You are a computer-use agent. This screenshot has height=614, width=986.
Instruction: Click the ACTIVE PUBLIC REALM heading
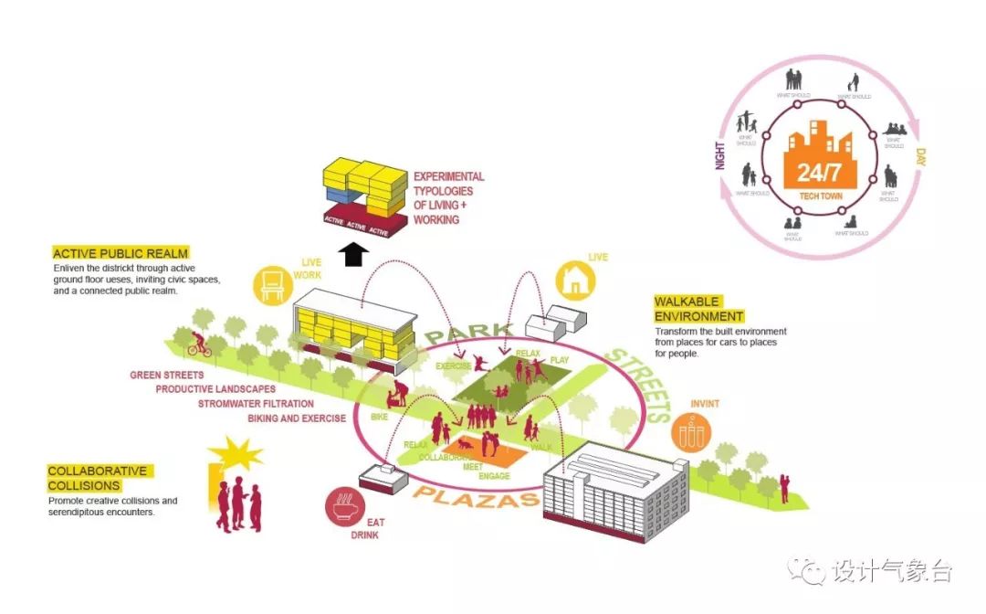(x=121, y=253)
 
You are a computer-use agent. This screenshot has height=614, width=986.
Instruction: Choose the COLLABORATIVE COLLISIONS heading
(x=98, y=478)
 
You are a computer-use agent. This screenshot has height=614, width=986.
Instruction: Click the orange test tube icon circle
(x=692, y=431)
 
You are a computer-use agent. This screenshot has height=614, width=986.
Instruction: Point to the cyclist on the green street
(x=199, y=344)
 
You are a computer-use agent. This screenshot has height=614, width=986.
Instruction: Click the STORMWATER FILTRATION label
(x=256, y=403)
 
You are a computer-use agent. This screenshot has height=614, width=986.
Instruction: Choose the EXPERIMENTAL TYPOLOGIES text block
(x=449, y=198)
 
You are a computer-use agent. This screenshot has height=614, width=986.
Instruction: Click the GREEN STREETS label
(x=167, y=375)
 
